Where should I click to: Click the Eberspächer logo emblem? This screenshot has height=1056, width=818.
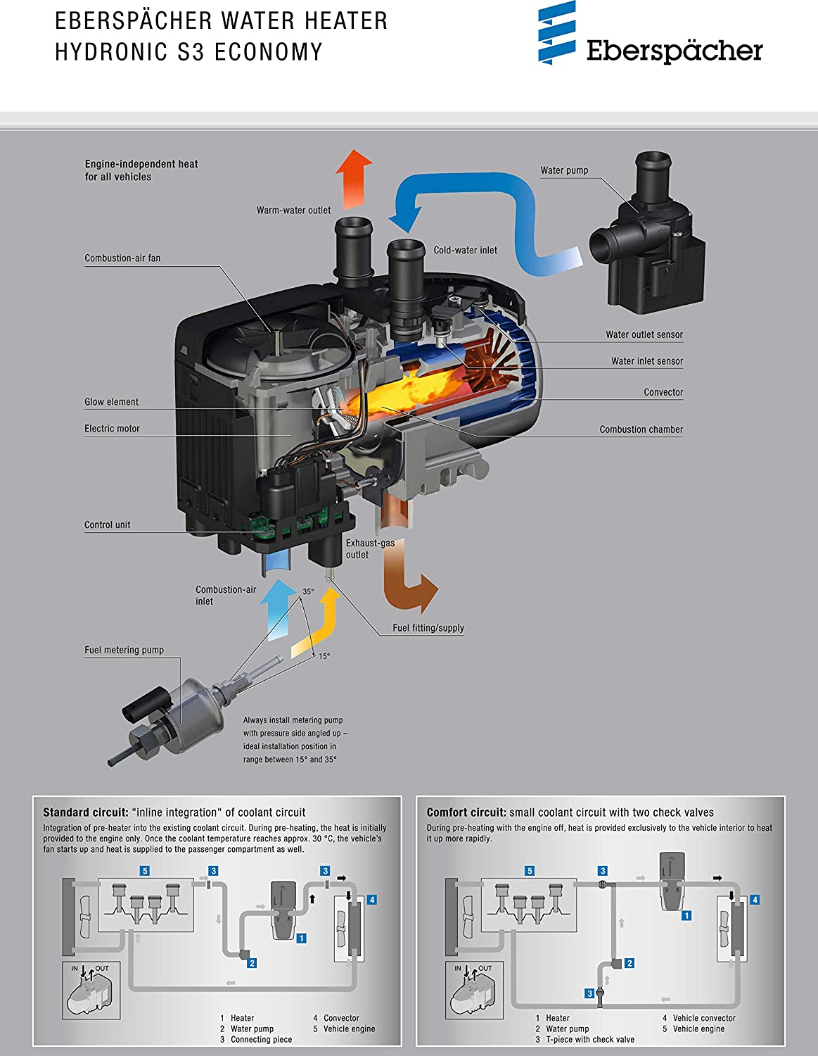click(556, 32)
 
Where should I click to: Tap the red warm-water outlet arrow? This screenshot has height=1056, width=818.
click(353, 179)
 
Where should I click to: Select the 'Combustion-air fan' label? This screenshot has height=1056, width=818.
click(122, 258)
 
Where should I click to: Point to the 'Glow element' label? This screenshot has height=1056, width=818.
click(111, 402)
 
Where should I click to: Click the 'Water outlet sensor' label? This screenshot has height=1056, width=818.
click(644, 334)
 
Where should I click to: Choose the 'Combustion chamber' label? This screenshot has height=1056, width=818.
click(641, 429)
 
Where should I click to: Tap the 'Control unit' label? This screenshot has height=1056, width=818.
click(107, 525)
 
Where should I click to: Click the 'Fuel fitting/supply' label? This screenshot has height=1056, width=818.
click(428, 628)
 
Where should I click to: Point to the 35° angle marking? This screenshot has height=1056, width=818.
click(308, 592)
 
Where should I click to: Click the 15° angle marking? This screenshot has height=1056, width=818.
click(324, 656)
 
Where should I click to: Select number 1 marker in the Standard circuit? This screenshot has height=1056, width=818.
click(302, 938)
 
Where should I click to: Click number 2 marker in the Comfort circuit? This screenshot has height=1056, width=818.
click(630, 963)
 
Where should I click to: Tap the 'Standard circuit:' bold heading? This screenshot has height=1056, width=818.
click(85, 812)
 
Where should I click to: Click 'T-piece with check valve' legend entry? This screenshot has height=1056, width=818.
click(589, 1039)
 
